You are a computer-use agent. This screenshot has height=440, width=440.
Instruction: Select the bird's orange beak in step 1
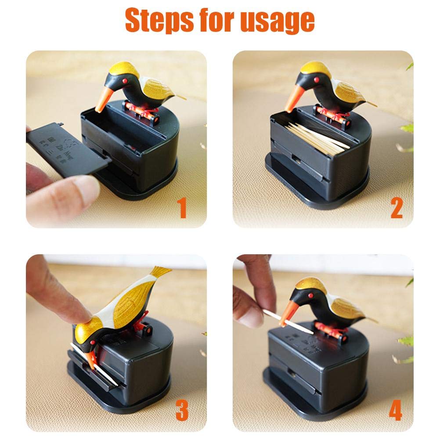click(x=101, y=100)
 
